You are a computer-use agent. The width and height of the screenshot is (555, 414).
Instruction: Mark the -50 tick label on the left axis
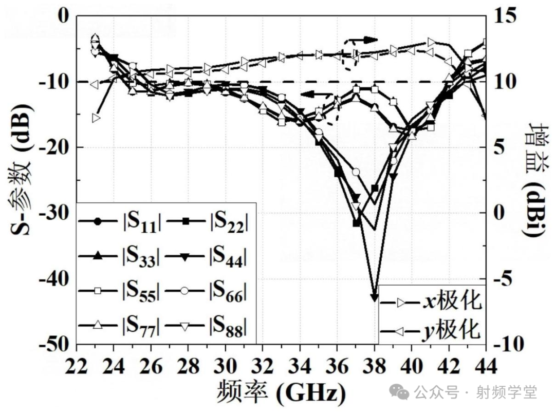(56, 344)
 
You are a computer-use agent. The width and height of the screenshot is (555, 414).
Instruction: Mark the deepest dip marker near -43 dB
(374, 297)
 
